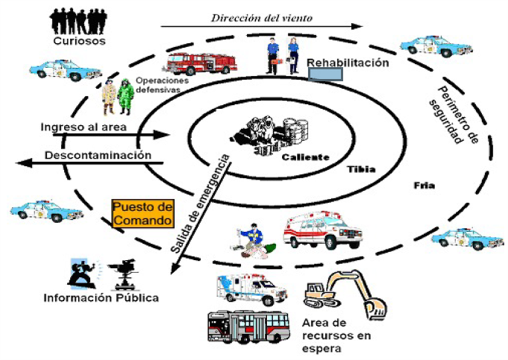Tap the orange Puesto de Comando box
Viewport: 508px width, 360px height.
click(142, 213)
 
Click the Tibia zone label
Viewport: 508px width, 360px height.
click(361, 169)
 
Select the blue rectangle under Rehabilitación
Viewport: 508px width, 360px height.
click(326, 74)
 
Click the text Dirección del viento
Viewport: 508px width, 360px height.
click(261, 17)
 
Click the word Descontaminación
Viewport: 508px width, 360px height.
click(97, 155)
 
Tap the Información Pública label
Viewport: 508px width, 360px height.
click(101, 297)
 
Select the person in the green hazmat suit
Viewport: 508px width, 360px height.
click(125, 96)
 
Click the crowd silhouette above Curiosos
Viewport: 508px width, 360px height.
click(78, 20)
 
